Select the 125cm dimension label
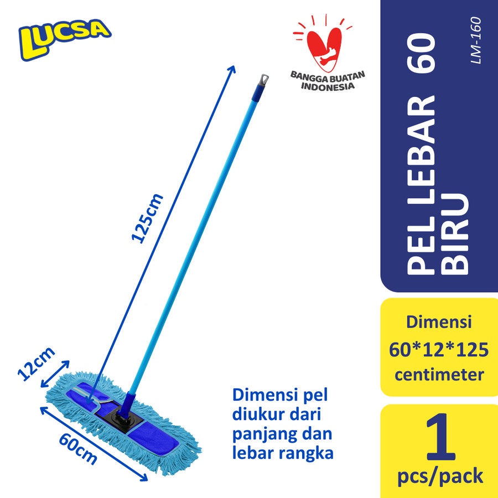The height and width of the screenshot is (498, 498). (148, 217)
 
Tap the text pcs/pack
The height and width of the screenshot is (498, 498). (440, 475)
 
